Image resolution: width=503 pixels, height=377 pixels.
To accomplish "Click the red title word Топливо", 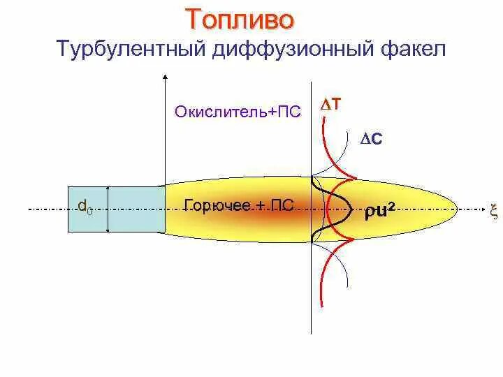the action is pyautogui.click(x=240, y=19).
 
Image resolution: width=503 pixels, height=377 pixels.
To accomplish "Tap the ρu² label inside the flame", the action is pyautogui.click(x=383, y=210).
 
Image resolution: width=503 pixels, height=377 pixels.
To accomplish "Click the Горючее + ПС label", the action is pyautogui.click(x=238, y=205).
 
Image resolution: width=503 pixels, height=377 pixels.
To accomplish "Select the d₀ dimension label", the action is pyautogui.click(x=85, y=206).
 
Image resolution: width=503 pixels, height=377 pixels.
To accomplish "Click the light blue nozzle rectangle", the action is pyautogui.click(x=136, y=209).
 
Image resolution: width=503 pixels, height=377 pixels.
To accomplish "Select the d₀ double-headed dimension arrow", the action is pyautogui.click(x=108, y=209).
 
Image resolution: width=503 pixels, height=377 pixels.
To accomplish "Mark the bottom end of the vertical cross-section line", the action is pyautogui.click(x=311, y=332).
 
